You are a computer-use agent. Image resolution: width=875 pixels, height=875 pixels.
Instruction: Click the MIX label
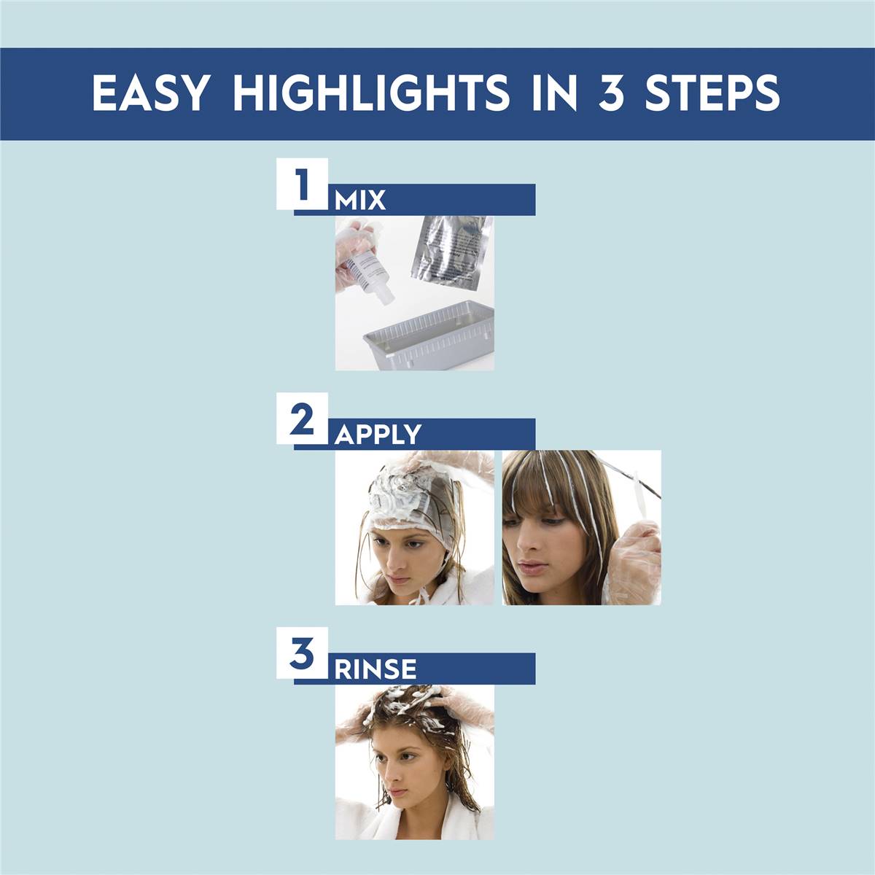(360, 201)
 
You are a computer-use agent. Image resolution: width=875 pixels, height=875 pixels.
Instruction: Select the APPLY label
(378, 435)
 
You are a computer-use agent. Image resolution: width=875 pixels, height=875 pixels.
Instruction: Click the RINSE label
(376, 669)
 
